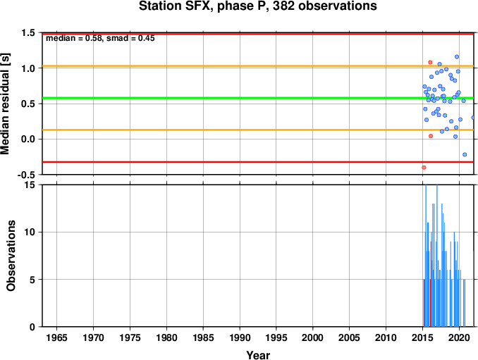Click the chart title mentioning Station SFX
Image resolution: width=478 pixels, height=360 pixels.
[x=257, y=6]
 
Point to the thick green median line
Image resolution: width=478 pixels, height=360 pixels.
[x=258, y=98]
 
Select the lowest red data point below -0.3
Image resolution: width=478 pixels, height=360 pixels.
[x=424, y=168]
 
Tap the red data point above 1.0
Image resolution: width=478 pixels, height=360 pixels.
[x=430, y=62]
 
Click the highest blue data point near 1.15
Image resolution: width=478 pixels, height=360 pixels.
[x=457, y=56]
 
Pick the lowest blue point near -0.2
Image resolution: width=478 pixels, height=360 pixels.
[x=465, y=154]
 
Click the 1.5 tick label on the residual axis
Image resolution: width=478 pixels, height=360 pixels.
[x=28, y=33]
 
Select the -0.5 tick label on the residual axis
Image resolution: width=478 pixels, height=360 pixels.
[x=26, y=175]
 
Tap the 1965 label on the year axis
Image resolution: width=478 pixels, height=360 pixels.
[x=56, y=337]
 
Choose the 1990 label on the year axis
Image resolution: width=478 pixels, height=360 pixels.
[x=240, y=337]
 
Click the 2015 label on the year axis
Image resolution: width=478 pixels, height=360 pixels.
[x=422, y=337]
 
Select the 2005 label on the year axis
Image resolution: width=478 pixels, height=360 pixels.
[x=350, y=337]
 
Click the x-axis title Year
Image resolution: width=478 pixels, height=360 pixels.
[x=258, y=355]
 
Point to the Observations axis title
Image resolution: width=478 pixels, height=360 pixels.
[x=11, y=256]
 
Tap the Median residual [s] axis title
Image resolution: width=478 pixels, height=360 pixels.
[x=5, y=104]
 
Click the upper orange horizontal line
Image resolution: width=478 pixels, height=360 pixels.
[x=258, y=66]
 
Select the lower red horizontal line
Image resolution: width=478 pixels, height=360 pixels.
[x=258, y=162]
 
